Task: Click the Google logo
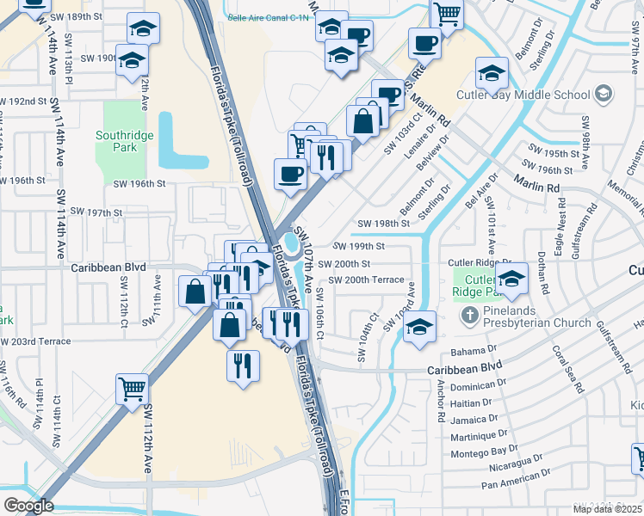point(28,506)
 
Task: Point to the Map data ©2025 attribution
point(608,509)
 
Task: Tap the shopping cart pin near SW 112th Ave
point(133,389)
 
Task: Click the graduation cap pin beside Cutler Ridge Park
point(511,279)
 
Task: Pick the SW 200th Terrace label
point(367,280)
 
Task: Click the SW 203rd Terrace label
point(36,341)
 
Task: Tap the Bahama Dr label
point(474,352)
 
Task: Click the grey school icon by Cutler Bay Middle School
point(604,92)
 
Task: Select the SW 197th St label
point(96,212)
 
